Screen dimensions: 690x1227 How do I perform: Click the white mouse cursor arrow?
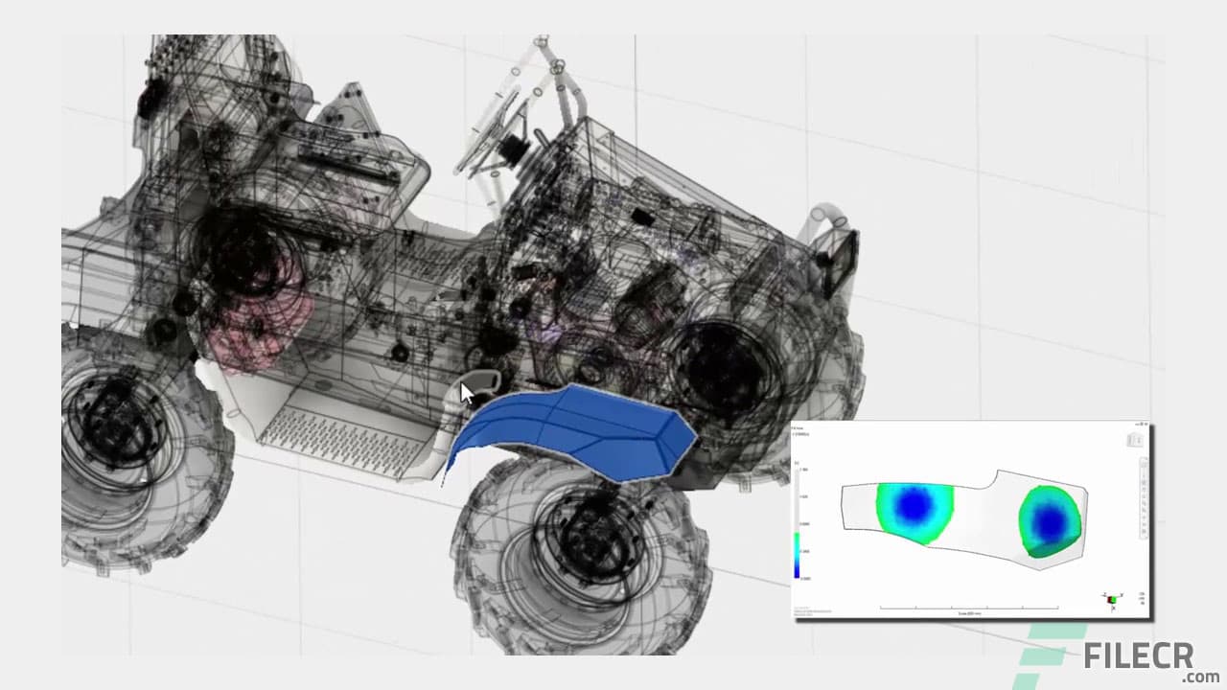coord(467,394)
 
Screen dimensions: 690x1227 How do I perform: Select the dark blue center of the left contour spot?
coord(914,504)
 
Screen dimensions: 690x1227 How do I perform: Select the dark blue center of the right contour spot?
coord(1052,520)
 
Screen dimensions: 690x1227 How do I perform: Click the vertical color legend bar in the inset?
coord(798,556)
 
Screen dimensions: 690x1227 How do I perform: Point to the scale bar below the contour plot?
coord(969,608)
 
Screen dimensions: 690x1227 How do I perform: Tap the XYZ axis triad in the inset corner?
coord(1112,600)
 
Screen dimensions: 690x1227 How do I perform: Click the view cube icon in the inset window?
coord(1133,440)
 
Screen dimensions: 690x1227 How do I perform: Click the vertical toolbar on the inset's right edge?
coord(1144,498)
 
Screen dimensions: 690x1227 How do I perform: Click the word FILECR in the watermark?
coord(1138,656)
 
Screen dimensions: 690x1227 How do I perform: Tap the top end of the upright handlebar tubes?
coord(542,42)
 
